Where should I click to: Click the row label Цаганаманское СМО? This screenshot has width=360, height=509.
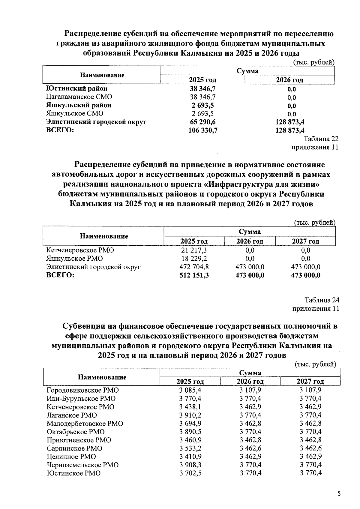coord(79,97)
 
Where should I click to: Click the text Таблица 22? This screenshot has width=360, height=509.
coord(321,139)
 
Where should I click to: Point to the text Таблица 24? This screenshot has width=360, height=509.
coord(322,300)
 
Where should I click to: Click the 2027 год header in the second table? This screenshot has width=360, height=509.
coord(305,241)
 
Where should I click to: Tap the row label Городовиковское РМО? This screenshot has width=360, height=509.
coord(82,390)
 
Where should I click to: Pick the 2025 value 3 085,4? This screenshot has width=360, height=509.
coord(190,390)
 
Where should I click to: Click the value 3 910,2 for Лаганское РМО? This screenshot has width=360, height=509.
coord(190,415)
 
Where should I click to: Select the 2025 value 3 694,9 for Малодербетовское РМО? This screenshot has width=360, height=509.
coord(190,424)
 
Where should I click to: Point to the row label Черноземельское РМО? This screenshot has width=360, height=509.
coord(82,465)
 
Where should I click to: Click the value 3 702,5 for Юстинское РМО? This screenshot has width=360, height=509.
coord(190,473)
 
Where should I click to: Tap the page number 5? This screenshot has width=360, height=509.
coord(339,494)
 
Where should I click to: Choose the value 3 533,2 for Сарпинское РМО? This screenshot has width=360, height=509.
coord(190,448)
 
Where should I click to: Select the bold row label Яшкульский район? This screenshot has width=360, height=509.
coord(79,105)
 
